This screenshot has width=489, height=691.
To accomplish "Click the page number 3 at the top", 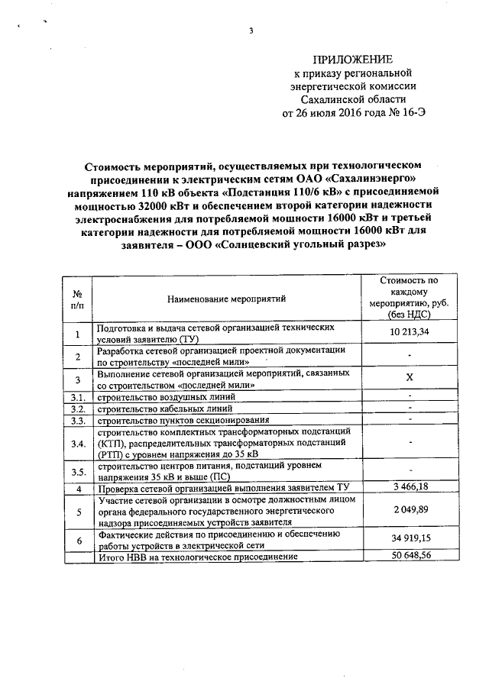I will [250, 31].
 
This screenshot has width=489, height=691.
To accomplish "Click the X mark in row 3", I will [410, 379].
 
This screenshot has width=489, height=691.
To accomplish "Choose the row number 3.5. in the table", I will [77, 470].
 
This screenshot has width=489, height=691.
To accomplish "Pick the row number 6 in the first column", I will [77, 540].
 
